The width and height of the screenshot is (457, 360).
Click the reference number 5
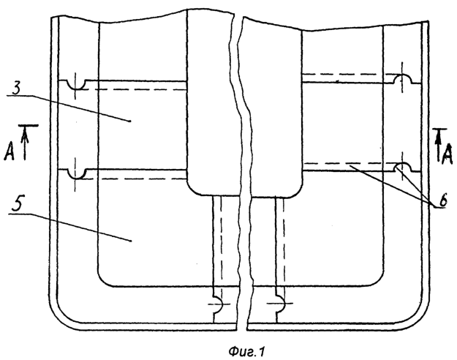[x=17, y=206]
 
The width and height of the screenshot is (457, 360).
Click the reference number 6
[x=442, y=201]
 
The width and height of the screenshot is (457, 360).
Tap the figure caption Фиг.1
[x=246, y=352]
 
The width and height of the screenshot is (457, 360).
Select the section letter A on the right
[x=447, y=154]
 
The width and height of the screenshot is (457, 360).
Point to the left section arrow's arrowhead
[x=25, y=135]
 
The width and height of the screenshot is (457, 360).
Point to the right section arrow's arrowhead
[x=437, y=137]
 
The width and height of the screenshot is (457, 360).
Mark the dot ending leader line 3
[x=130, y=121]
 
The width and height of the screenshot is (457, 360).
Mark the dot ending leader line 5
[x=130, y=241]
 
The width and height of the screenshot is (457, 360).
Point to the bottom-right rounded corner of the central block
[x=298, y=191]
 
